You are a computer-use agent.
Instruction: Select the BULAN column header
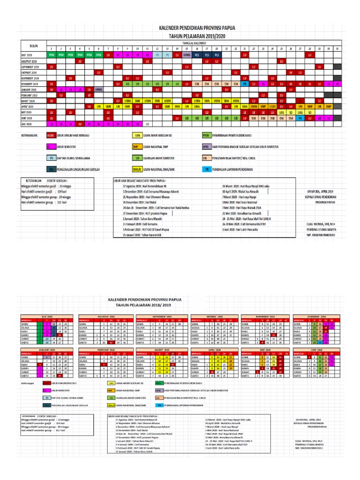pos(33,45)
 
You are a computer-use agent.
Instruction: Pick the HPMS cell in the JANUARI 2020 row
pos(98,89)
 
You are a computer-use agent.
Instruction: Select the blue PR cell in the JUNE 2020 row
pos(300,118)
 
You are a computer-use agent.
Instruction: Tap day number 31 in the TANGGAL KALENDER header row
pos(338,49)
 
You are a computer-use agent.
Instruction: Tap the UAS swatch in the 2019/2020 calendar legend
pos(137,135)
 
